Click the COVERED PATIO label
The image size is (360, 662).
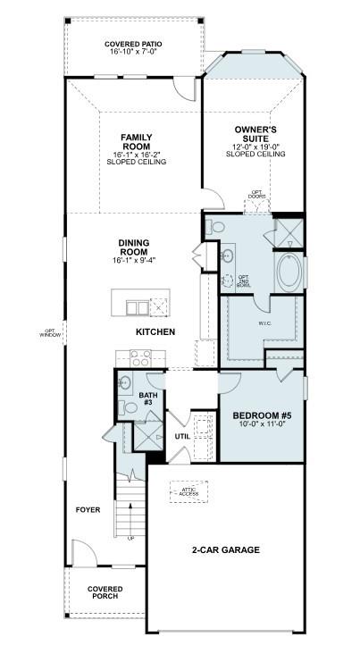[x=133, y=44]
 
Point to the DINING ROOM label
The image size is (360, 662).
[x=133, y=246]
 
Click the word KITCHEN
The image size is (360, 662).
[x=155, y=331]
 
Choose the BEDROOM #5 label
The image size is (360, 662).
[x=262, y=415]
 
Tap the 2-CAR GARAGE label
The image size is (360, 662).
[x=225, y=549]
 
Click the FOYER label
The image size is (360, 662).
[x=88, y=509]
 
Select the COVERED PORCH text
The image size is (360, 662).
[x=104, y=593]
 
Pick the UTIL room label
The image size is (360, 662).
[x=182, y=436]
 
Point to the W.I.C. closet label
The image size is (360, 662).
[x=264, y=323]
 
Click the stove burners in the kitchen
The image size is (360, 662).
[x=140, y=358]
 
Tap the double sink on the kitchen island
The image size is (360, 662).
[x=137, y=308]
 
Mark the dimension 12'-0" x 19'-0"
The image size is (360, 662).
[x=255, y=147]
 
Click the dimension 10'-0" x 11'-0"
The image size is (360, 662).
[x=262, y=426]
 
